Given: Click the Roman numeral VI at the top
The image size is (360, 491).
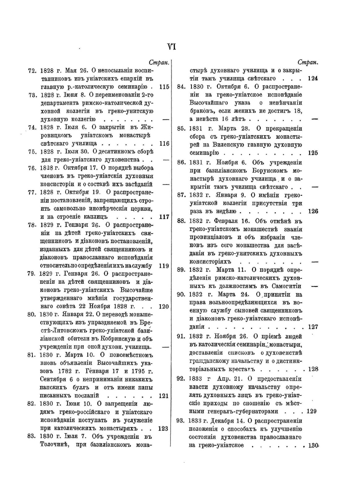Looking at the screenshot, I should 171,47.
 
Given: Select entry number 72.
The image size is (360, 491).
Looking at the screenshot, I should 32,71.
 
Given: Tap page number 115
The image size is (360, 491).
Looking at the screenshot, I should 164,87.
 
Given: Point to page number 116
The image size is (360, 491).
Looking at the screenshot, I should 164,144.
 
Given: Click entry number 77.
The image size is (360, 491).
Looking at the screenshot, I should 32,192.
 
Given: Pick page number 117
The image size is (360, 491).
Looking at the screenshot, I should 164,217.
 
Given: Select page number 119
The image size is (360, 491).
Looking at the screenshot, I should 164,266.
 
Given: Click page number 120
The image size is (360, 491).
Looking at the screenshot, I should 164,306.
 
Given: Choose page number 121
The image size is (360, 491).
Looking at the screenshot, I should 164,396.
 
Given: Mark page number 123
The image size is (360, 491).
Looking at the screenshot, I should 163,428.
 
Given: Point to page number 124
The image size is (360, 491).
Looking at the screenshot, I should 312,78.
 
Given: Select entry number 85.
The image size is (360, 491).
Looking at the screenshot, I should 181,128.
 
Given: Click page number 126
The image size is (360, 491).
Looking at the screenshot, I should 313,211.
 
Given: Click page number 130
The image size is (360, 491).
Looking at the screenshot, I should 313,445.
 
